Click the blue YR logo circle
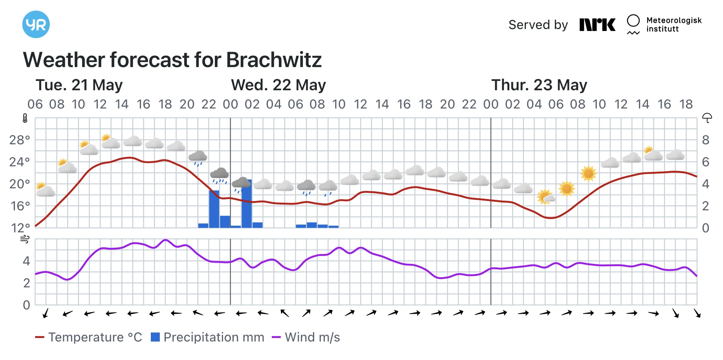click(36, 24)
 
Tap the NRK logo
click(597, 25)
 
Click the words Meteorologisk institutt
click(674, 24)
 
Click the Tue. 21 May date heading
click(79, 85)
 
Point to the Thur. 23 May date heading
click(539, 85)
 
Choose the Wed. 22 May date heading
click(278, 85)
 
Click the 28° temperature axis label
click(20, 140)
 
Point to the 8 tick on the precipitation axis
click(706, 140)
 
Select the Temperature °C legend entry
click(89, 337)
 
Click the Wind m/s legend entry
click(306, 337)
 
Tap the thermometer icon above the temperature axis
click(25, 118)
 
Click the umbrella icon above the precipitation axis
click(707, 118)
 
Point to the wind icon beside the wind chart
click(25, 239)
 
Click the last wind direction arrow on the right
click(697, 313)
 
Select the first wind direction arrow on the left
click(46, 313)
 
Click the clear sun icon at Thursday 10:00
click(588, 173)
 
